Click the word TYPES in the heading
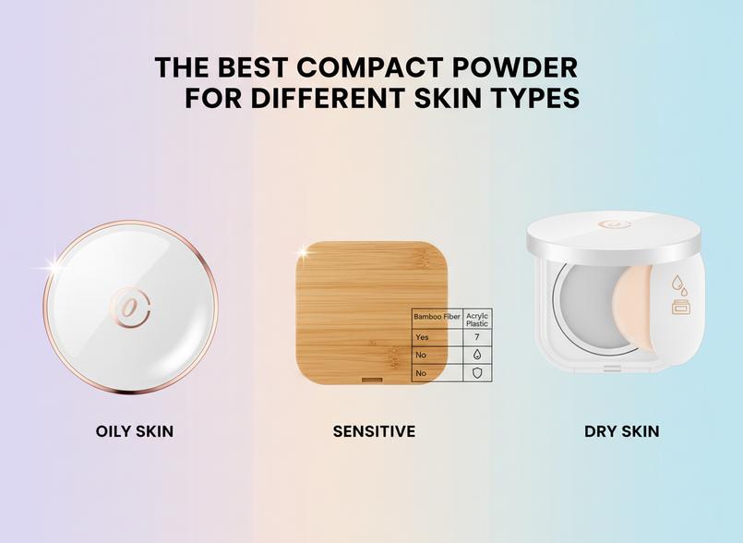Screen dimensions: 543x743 click(x=537, y=98)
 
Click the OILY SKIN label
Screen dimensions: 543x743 click(x=135, y=431)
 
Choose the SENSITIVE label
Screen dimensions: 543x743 click(x=374, y=431)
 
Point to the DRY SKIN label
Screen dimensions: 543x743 click(x=622, y=431)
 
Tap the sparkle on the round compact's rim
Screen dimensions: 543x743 click(x=54, y=266)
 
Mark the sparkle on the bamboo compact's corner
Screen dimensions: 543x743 click(x=302, y=251)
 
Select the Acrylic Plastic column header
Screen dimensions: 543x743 click(x=477, y=319)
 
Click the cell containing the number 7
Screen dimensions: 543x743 click(x=477, y=337)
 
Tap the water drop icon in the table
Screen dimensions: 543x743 click(x=477, y=355)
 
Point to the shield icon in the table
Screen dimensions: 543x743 click(x=477, y=373)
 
